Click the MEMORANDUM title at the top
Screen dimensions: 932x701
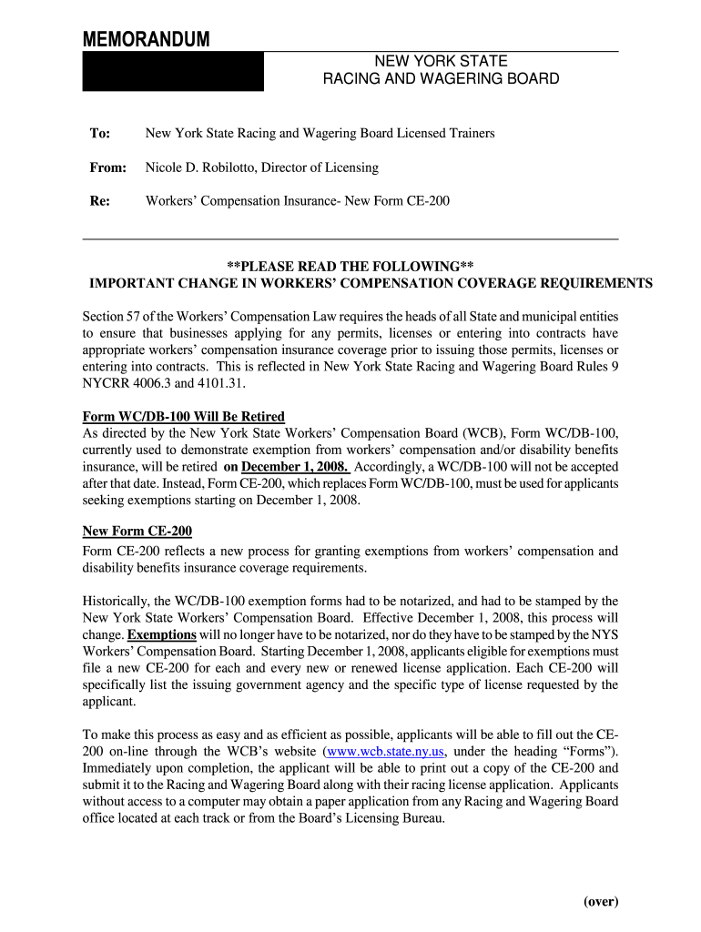coord(146,40)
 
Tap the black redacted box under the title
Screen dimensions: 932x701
coord(173,72)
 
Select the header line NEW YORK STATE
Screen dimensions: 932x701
coord(442,62)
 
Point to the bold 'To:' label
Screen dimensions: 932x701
coord(99,134)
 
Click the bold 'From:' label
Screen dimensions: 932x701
coord(107,167)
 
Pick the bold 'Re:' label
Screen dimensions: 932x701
coord(99,201)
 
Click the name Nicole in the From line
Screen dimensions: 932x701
coord(166,167)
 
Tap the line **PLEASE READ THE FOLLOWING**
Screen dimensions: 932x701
coord(350,267)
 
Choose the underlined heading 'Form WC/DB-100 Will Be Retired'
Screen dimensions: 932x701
coord(183,417)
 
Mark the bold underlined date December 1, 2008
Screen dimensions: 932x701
coord(294,467)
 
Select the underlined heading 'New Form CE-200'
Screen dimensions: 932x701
coord(137,532)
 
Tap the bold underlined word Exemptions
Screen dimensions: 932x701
coord(162,635)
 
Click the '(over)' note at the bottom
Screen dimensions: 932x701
coord(601,902)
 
